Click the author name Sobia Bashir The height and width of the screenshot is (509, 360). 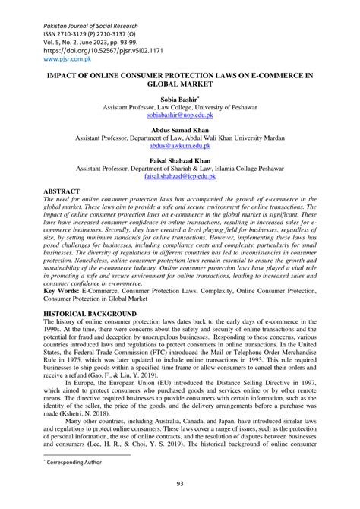[178, 100]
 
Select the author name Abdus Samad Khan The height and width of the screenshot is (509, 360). [180, 131]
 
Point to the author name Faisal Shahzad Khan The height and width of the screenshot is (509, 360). [180, 161]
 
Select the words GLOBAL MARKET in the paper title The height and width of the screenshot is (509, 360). [180, 84]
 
